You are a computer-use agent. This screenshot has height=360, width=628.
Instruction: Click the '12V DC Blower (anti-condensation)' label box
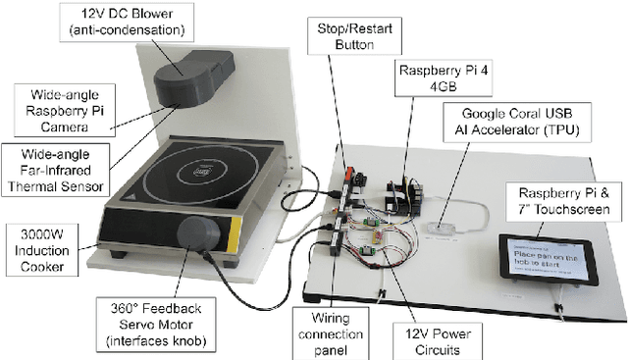click(x=127, y=23)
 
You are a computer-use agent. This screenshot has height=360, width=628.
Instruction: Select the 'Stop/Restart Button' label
click(x=354, y=36)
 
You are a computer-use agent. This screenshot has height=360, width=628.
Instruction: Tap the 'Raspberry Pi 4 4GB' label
click(x=444, y=78)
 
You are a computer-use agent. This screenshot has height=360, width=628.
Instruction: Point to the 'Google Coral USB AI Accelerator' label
click(x=517, y=122)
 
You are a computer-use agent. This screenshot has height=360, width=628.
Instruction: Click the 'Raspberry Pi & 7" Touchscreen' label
click(x=564, y=201)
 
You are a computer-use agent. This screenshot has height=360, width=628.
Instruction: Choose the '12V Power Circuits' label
click(x=438, y=341)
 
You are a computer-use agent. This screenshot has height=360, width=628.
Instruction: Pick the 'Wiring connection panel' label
click(x=331, y=334)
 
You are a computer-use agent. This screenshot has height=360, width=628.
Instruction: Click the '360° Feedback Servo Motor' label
click(x=156, y=325)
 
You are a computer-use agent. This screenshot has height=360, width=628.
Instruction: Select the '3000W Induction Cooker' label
click(x=42, y=250)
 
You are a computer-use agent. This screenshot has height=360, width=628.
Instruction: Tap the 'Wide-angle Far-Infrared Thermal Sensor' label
click(x=55, y=170)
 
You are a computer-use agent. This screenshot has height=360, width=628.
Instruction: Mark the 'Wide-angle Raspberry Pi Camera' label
click(x=65, y=111)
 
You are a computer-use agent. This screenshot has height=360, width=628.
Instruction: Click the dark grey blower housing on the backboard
click(x=194, y=78)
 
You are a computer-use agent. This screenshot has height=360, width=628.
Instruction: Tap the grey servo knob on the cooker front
click(x=198, y=233)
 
